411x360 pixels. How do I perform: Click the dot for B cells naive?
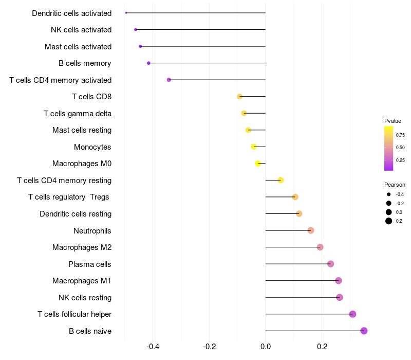click(x=364, y=331)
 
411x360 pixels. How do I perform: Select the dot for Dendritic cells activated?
click(x=126, y=13)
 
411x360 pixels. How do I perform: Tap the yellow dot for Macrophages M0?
click(x=258, y=164)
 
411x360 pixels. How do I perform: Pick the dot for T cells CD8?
click(x=239, y=97)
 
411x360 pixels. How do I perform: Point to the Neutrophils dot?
click(x=311, y=230)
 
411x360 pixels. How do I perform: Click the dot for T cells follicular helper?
click(x=352, y=314)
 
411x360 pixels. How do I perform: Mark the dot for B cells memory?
click(x=148, y=63)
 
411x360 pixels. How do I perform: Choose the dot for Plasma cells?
click(x=330, y=264)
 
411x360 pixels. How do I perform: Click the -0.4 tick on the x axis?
click(x=153, y=347)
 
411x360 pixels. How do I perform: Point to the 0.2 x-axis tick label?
click(x=322, y=347)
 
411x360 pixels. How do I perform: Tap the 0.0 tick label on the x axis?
click(x=266, y=347)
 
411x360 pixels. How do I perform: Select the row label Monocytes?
click(x=92, y=147)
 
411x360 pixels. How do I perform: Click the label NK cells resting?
click(x=85, y=298)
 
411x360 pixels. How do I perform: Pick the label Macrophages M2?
click(x=82, y=247)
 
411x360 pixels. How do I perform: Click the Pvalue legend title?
click(x=393, y=121)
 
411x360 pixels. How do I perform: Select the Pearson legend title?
click(x=395, y=185)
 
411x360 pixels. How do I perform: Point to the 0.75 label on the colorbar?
click(x=400, y=135)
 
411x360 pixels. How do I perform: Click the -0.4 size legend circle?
click(x=389, y=194)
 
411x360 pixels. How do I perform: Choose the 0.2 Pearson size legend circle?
click(x=389, y=221)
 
